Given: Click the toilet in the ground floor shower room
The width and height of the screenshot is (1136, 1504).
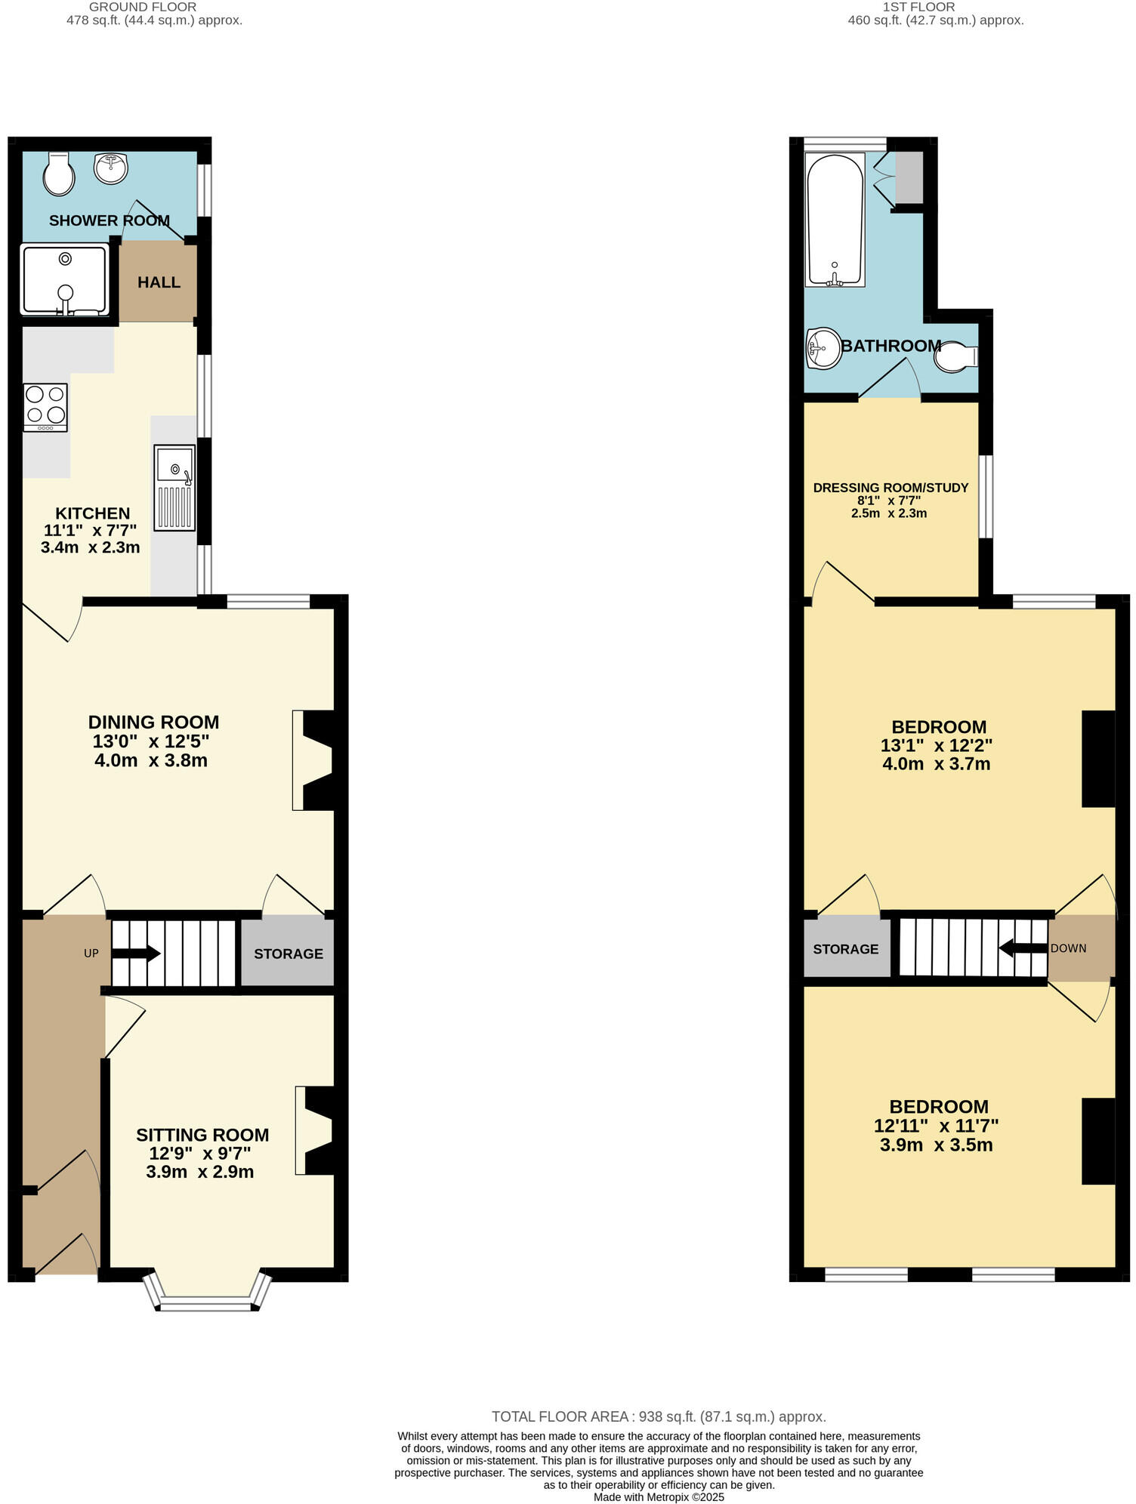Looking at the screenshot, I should (x=58, y=174).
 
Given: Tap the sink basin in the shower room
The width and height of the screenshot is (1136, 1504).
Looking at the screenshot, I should (x=111, y=168).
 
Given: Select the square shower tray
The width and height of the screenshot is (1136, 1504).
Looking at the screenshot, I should (x=65, y=279).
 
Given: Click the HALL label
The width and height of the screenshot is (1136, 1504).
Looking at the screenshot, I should (x=159, y=282).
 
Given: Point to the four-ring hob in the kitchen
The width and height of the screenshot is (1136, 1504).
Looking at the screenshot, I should (x=45, y=407).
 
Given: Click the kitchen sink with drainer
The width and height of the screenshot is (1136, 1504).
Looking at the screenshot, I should (x=174, y=487).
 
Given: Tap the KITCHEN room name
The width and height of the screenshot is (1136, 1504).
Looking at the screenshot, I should (x=92, y=513).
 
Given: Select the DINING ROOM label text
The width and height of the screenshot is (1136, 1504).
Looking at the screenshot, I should (x=153, y=723).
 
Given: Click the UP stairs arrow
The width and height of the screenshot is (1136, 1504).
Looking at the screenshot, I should (x=136, y=954).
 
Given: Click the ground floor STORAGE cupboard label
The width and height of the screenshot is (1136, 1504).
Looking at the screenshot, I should (x=289, y=954).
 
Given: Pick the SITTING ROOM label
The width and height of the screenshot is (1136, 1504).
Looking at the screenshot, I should (x=202, y=1135).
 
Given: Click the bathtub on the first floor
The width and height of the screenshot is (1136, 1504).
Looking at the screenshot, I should (x=835, y=220).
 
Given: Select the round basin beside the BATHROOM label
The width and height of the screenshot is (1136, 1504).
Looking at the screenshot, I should (x=823, y=348).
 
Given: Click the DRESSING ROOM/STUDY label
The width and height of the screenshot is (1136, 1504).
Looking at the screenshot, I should (x=891, y=488).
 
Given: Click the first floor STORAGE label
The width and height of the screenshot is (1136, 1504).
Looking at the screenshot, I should (x=846, y=950).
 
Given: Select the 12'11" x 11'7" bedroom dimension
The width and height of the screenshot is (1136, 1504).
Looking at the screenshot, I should (x=936, y=1126).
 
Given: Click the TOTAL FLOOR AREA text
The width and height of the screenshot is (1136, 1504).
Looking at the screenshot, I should (x=659, y=1417).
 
